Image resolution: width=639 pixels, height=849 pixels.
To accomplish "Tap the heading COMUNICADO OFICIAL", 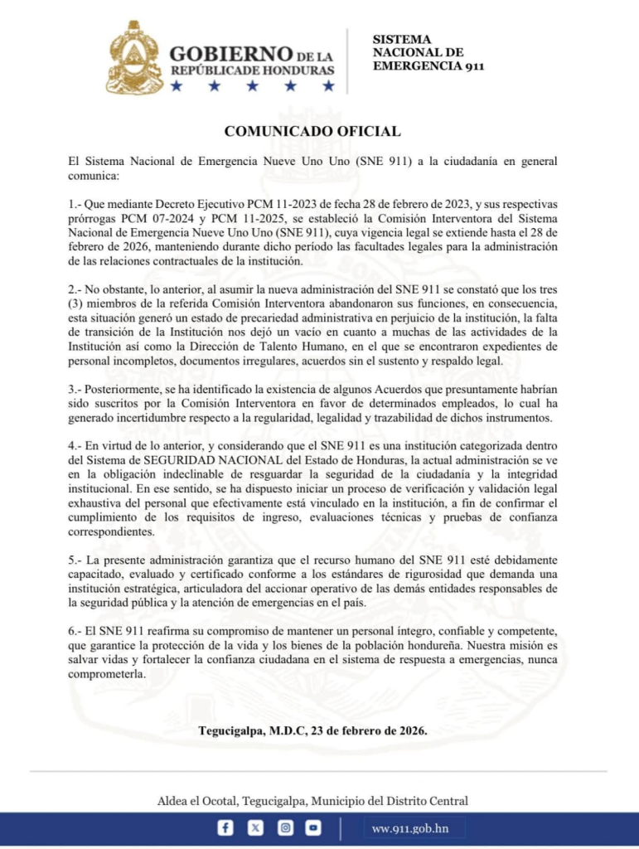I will [313, 131].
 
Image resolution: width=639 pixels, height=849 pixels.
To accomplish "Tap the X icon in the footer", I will [255, 827].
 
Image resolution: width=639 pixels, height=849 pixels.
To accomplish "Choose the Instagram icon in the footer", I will [284, 827].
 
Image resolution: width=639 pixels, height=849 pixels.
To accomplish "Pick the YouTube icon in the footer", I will [312, 827].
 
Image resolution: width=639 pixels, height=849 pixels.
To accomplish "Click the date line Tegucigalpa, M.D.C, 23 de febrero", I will [313, 730].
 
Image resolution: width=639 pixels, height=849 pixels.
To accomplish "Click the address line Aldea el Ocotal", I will [312, 800].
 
